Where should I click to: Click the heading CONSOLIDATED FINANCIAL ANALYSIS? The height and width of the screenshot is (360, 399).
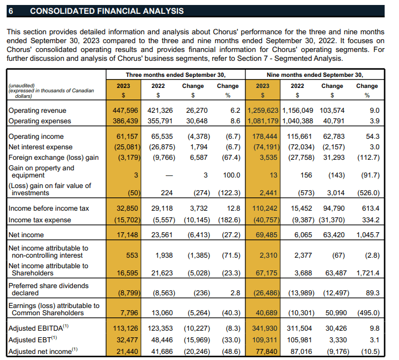click(107, 11)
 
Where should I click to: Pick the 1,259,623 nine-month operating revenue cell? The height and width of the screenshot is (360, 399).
click(263, 111)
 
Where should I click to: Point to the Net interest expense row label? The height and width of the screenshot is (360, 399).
click(40, 147)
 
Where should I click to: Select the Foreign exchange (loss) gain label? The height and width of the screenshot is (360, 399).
click(53, 158)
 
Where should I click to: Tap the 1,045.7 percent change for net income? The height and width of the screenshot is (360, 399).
click(368, 235)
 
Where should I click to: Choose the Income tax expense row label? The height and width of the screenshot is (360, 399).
click(39, 219)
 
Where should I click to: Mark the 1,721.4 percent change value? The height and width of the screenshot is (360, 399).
click(368, 273)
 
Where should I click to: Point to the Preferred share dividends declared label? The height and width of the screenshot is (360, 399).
click(48, 289)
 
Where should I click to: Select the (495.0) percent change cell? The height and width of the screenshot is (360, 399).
click(368, 313)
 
